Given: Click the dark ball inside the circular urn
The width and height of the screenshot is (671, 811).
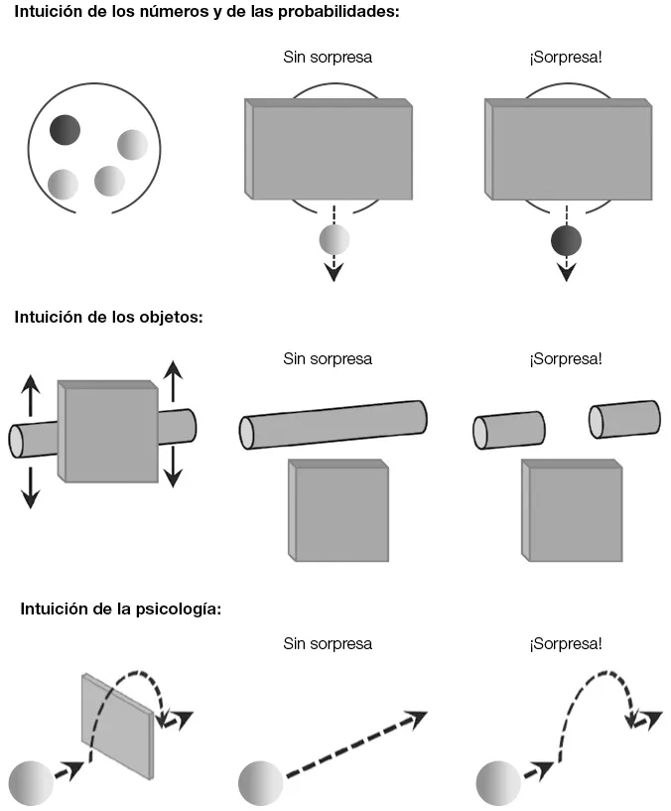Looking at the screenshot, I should tap(66, 129).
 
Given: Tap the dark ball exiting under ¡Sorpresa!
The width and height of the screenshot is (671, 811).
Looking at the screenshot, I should tap(566, 240).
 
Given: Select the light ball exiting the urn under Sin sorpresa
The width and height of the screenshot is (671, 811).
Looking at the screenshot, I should tap(335, 239).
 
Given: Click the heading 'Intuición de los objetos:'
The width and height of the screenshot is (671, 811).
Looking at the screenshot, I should tap(108, 318).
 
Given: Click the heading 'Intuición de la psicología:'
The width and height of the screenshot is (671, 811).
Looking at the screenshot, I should tap(120, 608).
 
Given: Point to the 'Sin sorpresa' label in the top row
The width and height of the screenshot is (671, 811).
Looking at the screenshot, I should tap(328, 57).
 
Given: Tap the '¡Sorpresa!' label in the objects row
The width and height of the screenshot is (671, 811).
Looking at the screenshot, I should tap(566, 358).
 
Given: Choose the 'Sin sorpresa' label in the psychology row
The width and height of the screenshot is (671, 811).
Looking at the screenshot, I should tap(328, 643).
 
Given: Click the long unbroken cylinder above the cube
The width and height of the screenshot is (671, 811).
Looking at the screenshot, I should tap(334, 424).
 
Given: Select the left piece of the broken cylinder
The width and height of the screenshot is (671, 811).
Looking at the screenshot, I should tap(508, 430).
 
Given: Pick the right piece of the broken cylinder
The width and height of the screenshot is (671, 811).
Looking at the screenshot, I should tap(624, 418).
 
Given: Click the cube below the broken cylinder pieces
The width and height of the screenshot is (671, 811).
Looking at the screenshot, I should tap(573, 511).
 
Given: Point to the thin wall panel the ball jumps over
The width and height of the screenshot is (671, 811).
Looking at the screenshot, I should tap(118, 725).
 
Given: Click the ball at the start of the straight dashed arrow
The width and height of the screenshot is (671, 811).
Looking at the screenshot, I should tap(261, 783).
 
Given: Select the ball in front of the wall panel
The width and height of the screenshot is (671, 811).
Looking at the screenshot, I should tap(30, 783).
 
